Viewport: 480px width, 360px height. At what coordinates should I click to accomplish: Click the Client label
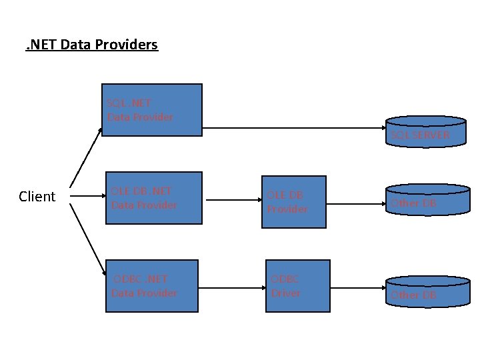(37, 197)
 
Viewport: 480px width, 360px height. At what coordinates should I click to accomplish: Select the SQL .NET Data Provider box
(151, 110)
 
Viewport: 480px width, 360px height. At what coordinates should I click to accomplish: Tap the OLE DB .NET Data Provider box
(154, 198)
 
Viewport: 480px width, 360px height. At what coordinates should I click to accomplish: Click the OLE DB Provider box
(293, 202)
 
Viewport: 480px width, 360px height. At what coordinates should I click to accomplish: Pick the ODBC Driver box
(298, 286)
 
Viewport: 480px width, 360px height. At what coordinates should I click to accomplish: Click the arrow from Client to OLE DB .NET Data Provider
(85, 197)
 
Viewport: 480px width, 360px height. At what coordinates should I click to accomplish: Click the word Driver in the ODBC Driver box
(285, 293)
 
